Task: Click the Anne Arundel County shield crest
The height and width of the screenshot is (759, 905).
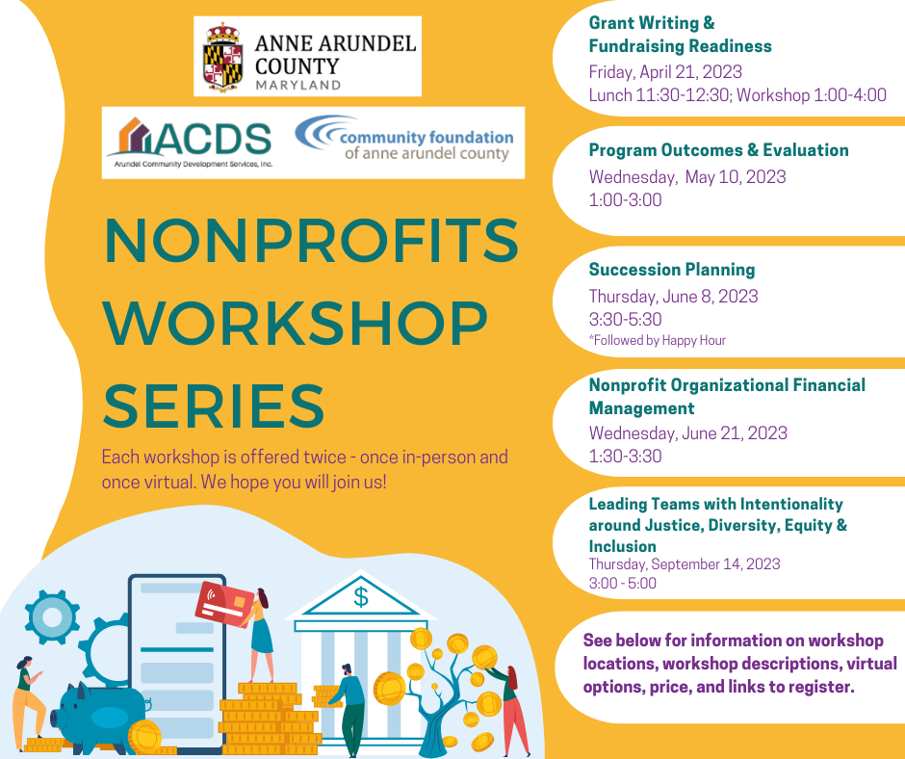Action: [222, 55]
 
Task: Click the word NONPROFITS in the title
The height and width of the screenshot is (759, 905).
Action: [311, 242]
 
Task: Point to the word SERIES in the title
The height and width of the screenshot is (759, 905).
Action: [214, 405]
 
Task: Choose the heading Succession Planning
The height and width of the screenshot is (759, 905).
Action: [672, 270]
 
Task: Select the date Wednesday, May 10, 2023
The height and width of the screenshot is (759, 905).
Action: [687, 176]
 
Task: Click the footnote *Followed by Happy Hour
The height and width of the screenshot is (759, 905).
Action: [657, 340]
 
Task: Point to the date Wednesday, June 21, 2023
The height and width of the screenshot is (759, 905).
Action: [688, 433]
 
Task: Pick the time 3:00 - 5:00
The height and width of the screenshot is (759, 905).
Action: [622, 583]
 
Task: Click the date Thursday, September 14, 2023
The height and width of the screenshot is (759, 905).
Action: [685, 564]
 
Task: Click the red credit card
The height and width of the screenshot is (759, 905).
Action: [222, 601]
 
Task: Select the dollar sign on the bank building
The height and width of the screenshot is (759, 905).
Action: [360, 597]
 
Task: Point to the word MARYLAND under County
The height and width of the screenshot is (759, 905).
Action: [297, 85]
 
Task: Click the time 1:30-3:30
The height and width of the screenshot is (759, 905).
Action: [625, 457]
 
